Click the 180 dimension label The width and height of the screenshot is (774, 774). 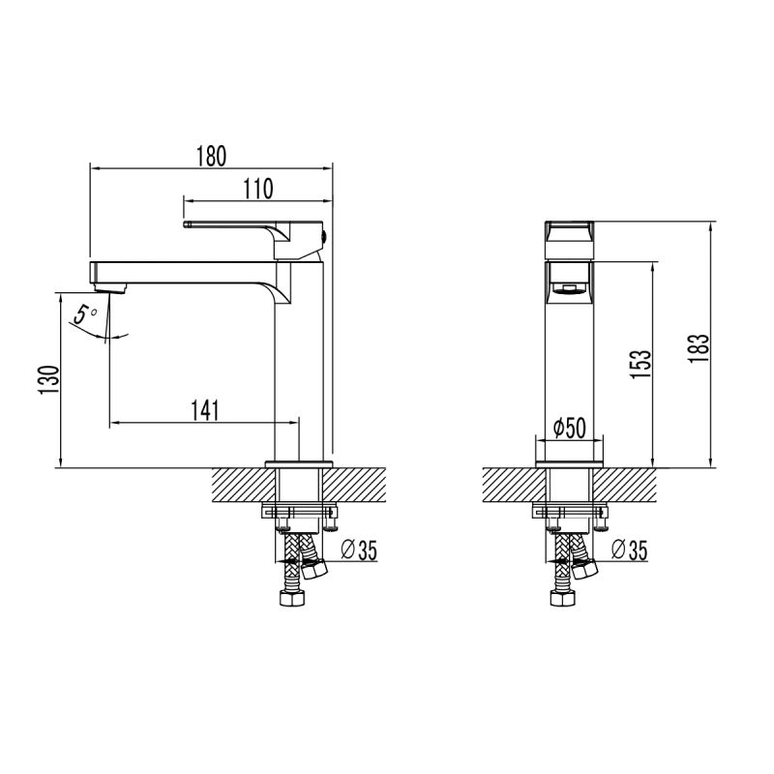(211, 155)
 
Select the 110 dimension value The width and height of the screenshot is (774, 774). (257, 188)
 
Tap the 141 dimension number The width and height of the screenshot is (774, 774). (204, 410)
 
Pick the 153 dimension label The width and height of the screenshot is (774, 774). (640, 363)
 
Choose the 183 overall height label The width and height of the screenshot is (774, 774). (701, 345)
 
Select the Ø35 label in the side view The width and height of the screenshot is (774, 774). (359, 551)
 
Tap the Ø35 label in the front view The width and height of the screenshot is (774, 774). (630, 551)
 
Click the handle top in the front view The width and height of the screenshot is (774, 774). (570, 231)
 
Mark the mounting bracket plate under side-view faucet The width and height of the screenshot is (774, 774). (301, 511)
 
